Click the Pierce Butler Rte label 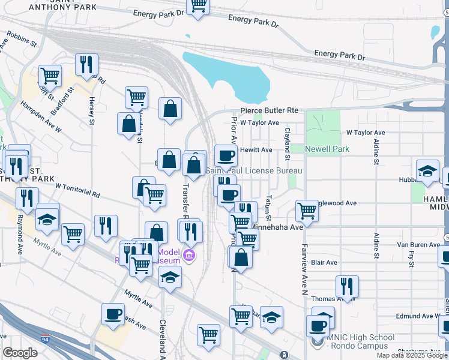coord(270,111)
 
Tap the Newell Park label coord(327,149)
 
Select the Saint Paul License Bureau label coord(254,171)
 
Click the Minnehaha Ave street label coord(277,227)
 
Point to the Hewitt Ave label coord(256,149)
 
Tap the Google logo coord(20,353)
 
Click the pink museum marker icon coord(190,256)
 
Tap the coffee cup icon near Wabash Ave coord(113,314)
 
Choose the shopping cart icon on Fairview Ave coord(307,211)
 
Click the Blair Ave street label coord(324,262)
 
